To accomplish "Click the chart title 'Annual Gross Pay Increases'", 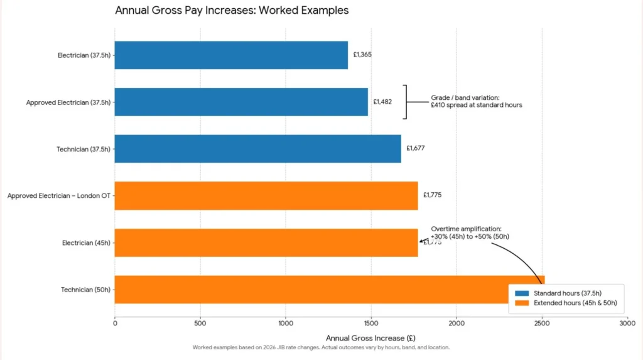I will [x=232, y=11].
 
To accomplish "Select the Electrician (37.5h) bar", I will [x=231, y=55].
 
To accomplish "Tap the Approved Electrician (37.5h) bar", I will [x=241, y=102].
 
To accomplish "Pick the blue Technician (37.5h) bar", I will [x=257, y=148].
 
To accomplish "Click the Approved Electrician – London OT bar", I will [x=266, y=195].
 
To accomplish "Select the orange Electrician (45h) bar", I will [x=266, y=243].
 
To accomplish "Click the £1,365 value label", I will [x=362, y=55].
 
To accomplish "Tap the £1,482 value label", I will [x=382, y=102].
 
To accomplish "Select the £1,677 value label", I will [x=416, y=148].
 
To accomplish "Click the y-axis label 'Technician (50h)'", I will [x=85, y=290].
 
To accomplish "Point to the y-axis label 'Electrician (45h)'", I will [x=86, y=243].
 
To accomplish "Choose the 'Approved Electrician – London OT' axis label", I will [x=59, y=196].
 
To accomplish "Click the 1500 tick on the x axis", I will [x=371, y=323].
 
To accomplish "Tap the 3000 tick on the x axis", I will [x=627, y=323].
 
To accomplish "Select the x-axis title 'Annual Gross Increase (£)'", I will [x=370, y=338].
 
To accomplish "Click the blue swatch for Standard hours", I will [x=522, y=293].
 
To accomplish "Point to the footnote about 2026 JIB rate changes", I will [x=321, y=347].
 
